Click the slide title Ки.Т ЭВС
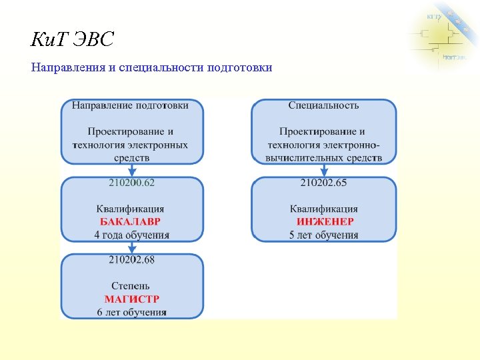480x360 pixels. pyautogui.click(x=73, y=40)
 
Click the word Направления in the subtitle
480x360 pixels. pyautogui.click(x=64, y=67)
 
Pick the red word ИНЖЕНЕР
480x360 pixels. pyautogui.click(x=324, y=221)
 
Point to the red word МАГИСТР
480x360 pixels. pyautogui.click(x=131, y=299)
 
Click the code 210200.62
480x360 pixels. pyautogui.click(x=131, y=182)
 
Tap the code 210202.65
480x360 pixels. pyautogui.click(x=323, y=182)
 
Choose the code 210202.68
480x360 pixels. pyautogui.click(x=131, y=259)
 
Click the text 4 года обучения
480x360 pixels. pyautogui.click(x=131, y=235)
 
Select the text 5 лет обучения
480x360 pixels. pyautogui.click(x=324, y=235)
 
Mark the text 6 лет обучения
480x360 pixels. pyautogui.click(x=131, y=312)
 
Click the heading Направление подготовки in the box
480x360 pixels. pyautogui.click(x=130, y=105)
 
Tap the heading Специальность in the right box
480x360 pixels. pyautogui.click(x=323, y=105)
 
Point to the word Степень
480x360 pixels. pyautogui.click(x=131, y=286)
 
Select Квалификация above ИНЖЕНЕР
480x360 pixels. pyautogui.click(x=324, y=209)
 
